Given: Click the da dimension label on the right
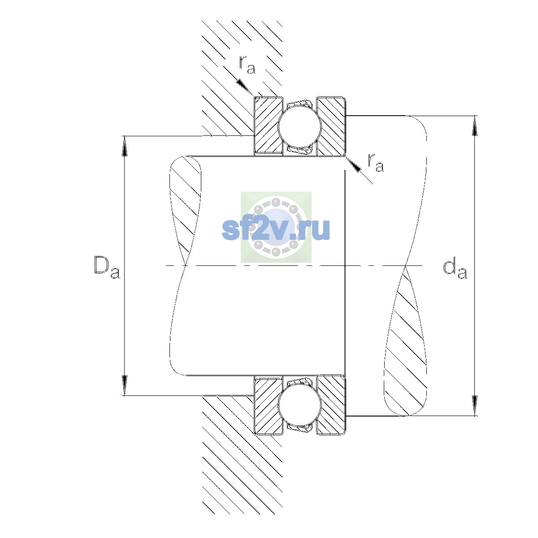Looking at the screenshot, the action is (x=455, y=270).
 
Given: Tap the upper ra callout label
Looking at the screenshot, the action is (x=247, y=65).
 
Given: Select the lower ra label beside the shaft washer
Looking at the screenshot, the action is (x=376, y=163).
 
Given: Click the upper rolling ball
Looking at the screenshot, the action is (x=299, y=126).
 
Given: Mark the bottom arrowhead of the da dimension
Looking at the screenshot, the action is (x=475, y=406).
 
